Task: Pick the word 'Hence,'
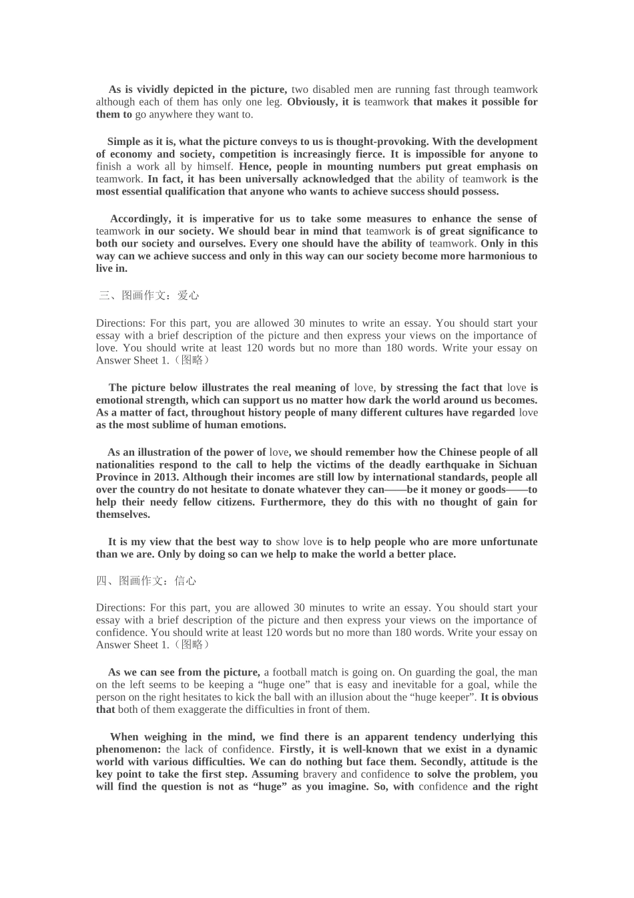pyautogui.click(x=254, y=166)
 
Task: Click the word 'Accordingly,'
pyautogui.click(x=140, y=219)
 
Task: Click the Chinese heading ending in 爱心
pyautogui.click(x=149, y=295)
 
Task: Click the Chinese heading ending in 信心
pyautogui.click(x=147, y=581)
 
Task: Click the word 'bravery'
pyautogui.click(x=319, y=774)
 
